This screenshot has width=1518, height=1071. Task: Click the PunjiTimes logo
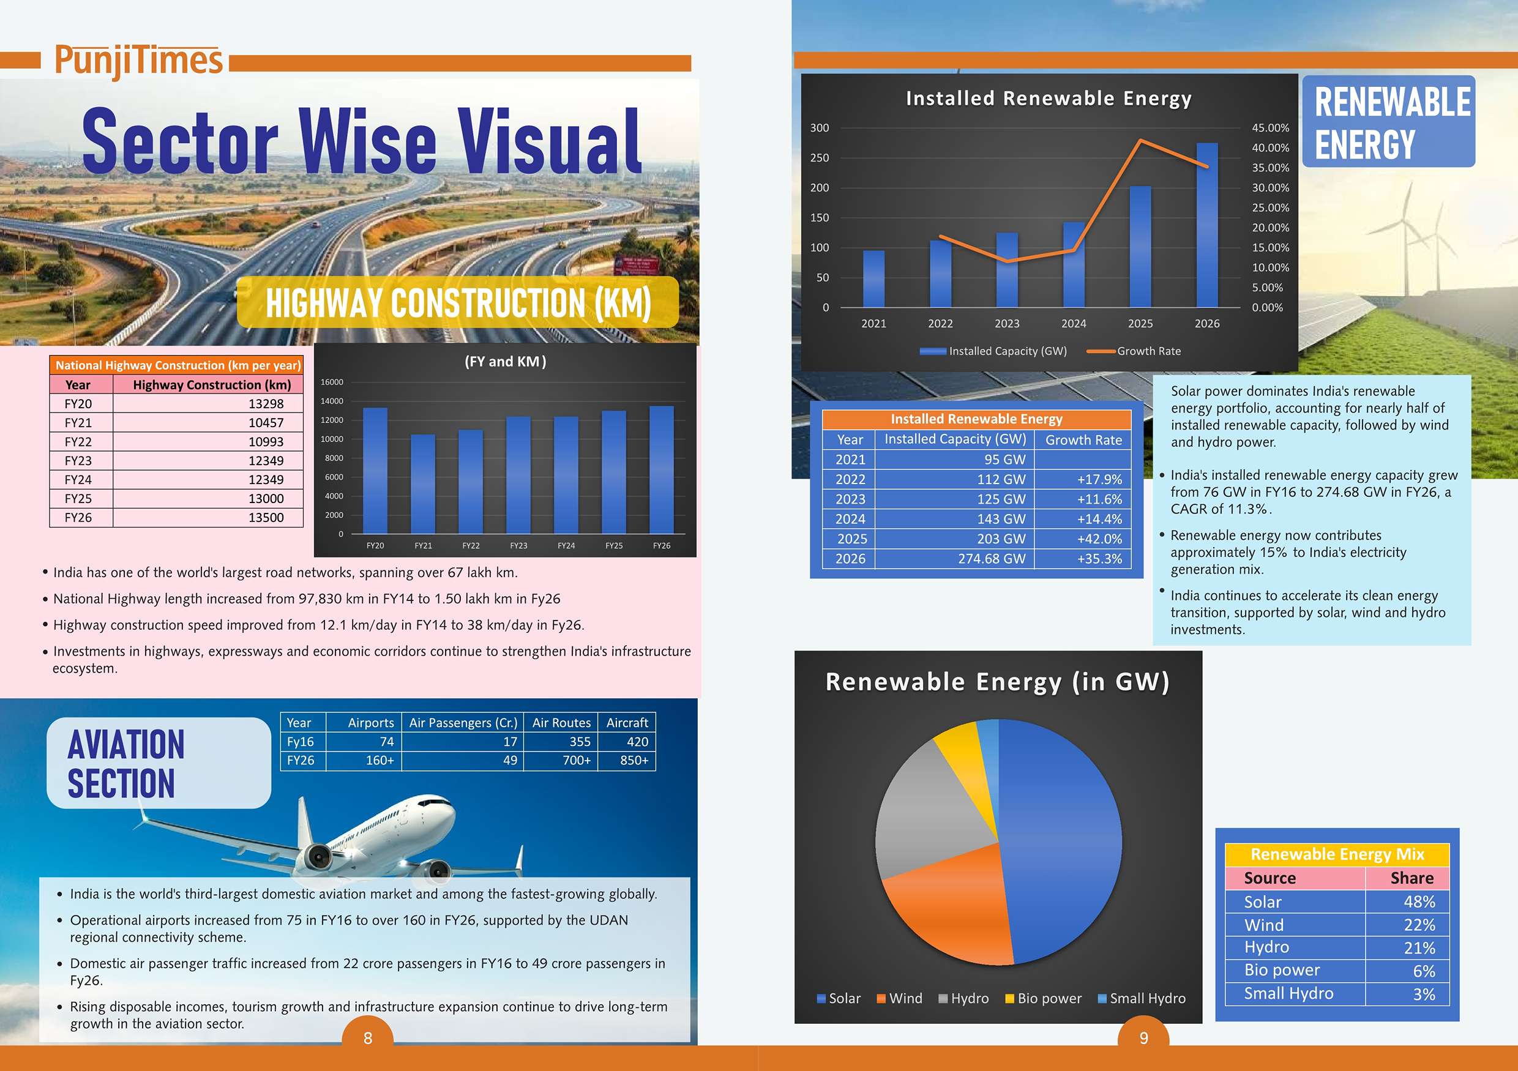(x=138, y=61)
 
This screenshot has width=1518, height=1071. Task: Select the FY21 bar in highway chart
(x=423, y=484)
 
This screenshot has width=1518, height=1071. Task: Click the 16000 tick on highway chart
(x=332, y=382)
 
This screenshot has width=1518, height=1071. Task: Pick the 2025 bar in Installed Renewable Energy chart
(x=1140, y=247)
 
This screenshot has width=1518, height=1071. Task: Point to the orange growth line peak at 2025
(x=1140, y=140)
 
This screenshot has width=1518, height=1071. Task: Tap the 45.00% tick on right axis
(x=1270, y=127)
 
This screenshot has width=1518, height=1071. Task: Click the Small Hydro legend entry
(x=1142, y=998)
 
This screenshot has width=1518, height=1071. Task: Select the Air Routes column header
(x=561, y=723)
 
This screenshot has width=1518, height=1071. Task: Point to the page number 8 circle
(x=368, y=1037)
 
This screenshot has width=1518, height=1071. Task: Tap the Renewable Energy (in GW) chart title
(x=998, y=682)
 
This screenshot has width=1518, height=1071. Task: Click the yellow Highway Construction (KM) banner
(x=457, y=302)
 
